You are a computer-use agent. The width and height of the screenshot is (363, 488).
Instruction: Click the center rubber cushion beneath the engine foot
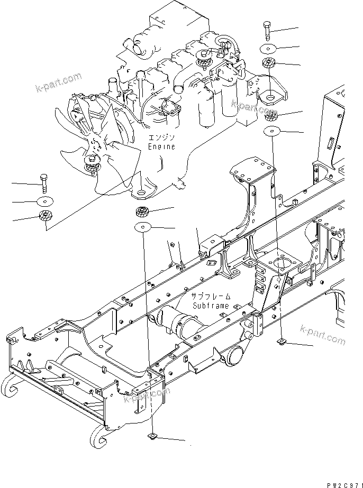[x=142, y=212]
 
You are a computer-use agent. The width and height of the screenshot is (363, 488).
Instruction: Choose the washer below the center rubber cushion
[x=142, y=227]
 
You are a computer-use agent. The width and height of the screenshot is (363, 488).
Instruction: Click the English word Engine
[x=161, y=146]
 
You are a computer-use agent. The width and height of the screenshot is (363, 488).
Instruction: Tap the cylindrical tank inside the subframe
[x=177, y=322]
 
